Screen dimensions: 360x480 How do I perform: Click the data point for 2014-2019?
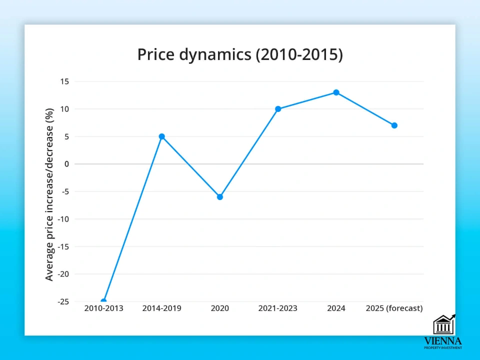pyautogui.click(x=161, y=136)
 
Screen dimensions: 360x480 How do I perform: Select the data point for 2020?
pyautogui.click(x=220, y=197)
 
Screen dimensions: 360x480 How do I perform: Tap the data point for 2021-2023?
pyautogui.click(x=278, y=109)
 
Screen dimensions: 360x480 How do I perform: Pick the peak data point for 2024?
pyautogui.click(x=336, y=92)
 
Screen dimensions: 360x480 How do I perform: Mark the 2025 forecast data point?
pyautogui.click(x=394, y=125)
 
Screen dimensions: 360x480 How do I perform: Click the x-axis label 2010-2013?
pyautogui.click(x=103, y=308)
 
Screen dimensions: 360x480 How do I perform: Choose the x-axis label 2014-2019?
pyautogui.click(x=161, y=308)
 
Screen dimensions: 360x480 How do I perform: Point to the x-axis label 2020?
pyautogui.click(x=220, y=308)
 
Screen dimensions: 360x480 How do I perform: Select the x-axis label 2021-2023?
pyautogui.click(x=278, y=308)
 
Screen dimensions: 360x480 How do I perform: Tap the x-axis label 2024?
pyautogui.click(x=336, y=308)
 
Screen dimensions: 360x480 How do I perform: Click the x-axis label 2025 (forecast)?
pyautogui.click(x=394, y=308)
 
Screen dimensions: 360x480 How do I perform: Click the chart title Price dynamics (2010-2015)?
pyautogui.click(x=240, y=54)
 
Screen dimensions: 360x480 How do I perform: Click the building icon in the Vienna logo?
pyautogui.click(x=443, y=325)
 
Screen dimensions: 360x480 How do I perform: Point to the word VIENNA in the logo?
pyautogui.click(x=443, y=341)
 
